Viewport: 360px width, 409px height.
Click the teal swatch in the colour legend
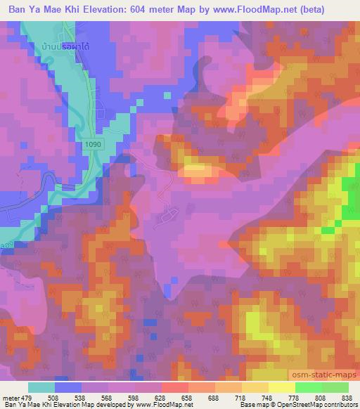tap(41, 387)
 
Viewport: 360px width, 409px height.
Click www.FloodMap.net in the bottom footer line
tap(164, 405)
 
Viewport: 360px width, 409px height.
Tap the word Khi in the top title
tap(72, 9)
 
